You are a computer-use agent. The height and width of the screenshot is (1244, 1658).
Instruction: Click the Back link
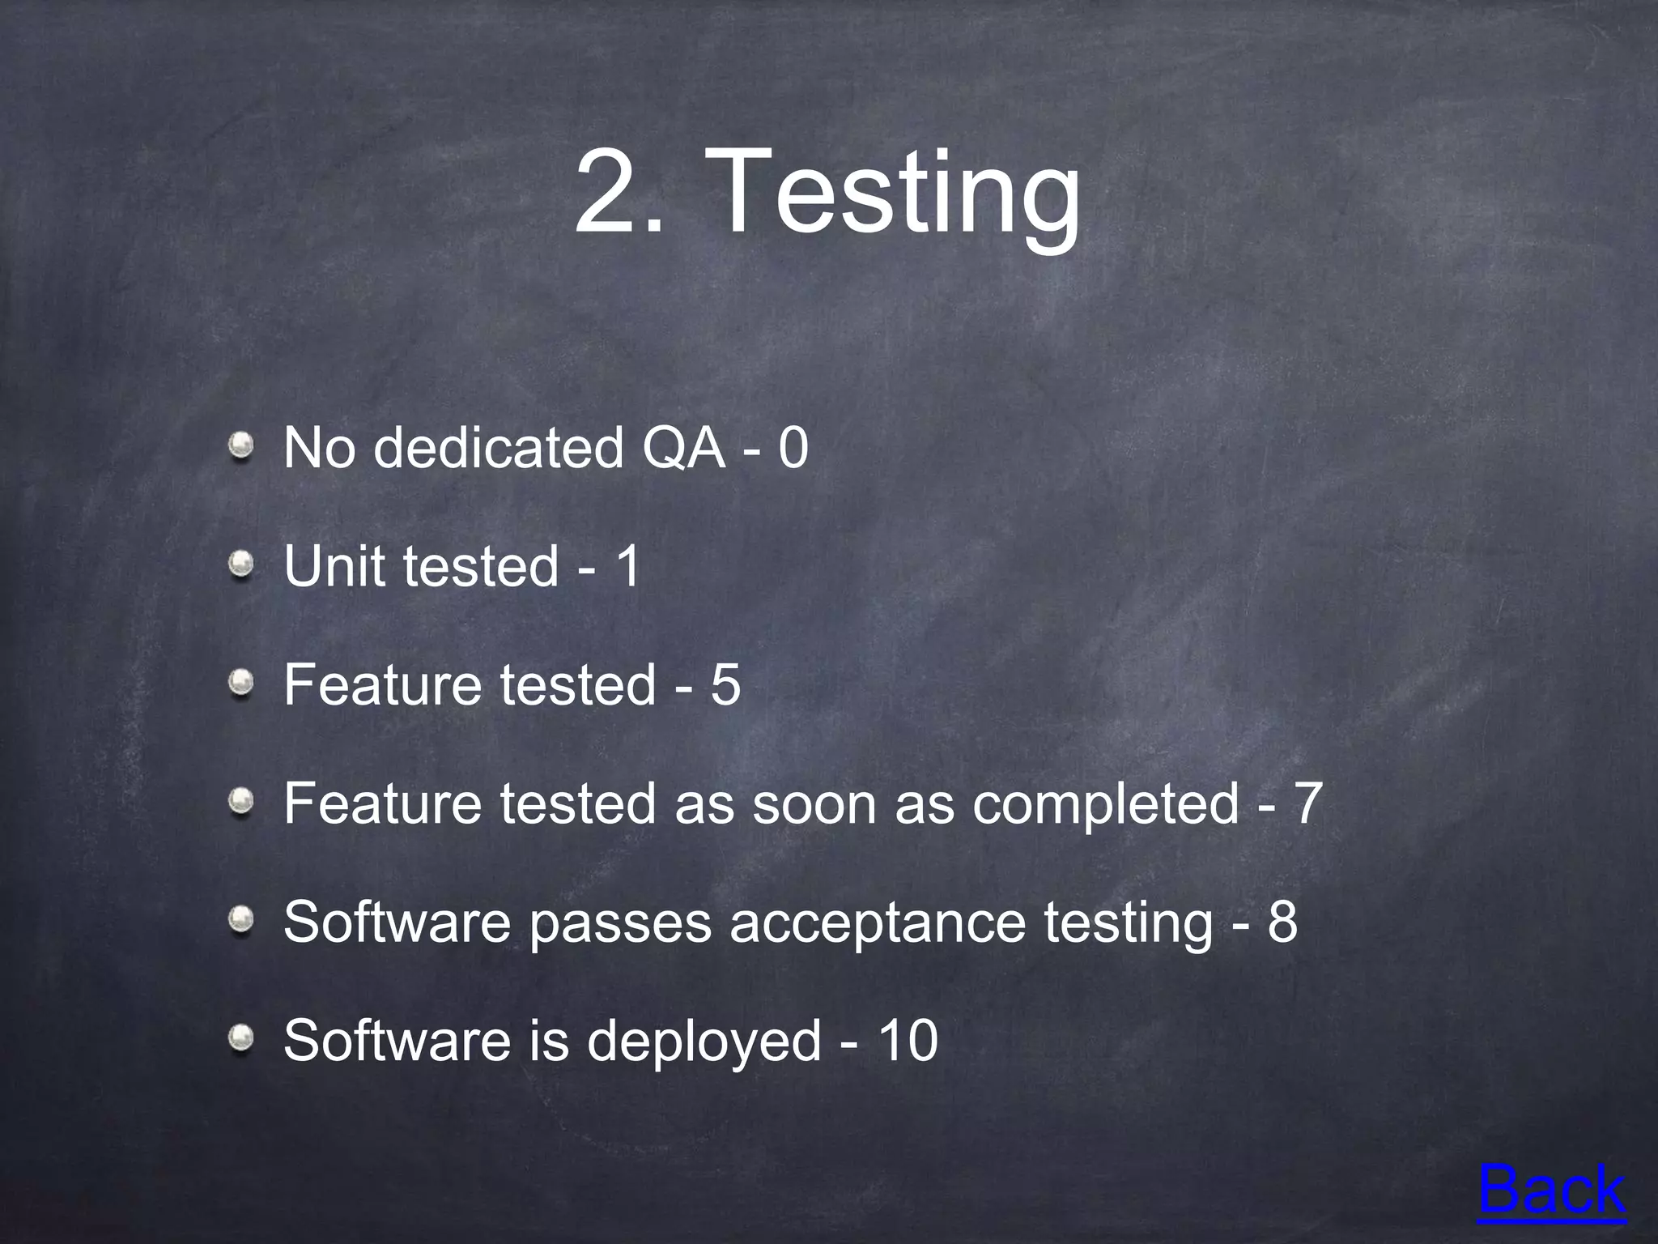click(1551, 1190)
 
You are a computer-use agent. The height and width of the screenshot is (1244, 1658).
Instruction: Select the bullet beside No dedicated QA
click(240, 445)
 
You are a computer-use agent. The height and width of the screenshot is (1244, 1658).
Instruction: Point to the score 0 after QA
click(793, 447)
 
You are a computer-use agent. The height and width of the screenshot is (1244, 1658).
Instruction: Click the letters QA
click(683, 447)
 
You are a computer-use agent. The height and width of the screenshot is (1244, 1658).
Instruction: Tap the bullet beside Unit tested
click(240, 564)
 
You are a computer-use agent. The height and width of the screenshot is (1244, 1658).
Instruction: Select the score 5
click(725, 684)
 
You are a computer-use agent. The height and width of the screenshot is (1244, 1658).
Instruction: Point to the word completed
click(1105, 804)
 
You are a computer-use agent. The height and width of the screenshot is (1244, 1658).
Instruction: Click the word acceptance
click(878, 922)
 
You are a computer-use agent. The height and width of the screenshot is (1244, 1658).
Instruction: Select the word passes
click(619, 922)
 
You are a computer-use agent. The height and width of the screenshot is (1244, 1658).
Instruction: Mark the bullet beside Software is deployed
click(240, 1038)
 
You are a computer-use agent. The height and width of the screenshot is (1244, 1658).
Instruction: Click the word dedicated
click(498, 447)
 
